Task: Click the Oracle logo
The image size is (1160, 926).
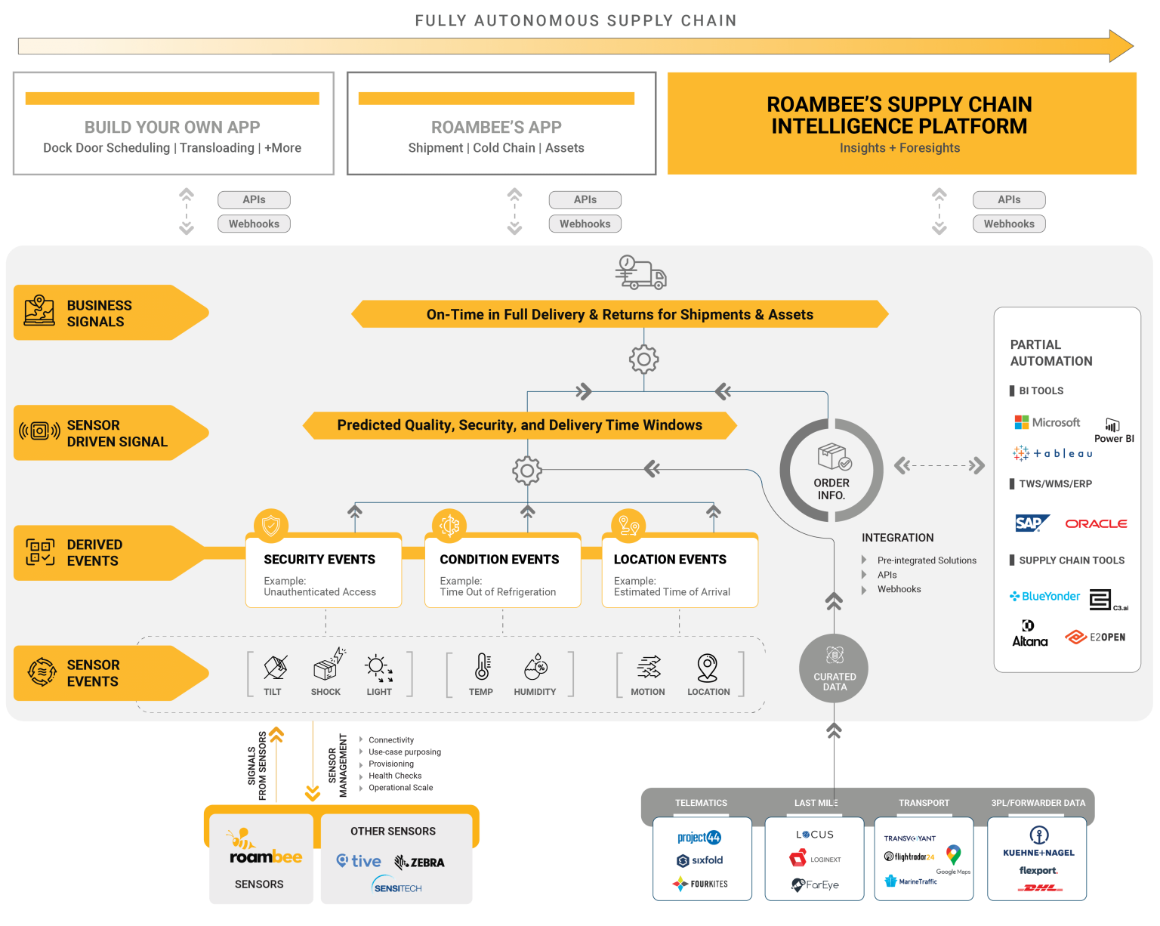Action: click(1095, 523)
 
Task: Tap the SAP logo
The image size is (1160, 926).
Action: click(1031, 523)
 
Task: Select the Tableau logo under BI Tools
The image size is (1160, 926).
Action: click(1052, 453)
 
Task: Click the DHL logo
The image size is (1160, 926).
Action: click(1039, 887)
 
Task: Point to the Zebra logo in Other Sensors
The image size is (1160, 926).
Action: click(419, 862)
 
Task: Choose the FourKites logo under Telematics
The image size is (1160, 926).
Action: click(699, 884)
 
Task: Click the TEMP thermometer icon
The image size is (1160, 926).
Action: click(482, 666)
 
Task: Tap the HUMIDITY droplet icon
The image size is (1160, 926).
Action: click(535, 666)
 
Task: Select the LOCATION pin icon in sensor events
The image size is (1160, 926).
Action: click(707, 668)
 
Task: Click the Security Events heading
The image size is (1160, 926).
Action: click(319, 559)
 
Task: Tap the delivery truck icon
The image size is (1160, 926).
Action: click(640, 273)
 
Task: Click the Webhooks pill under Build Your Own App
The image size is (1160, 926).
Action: click(254, 224)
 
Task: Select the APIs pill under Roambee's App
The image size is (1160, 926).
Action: click(585, 199)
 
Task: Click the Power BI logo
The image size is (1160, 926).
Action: click(1113, 431)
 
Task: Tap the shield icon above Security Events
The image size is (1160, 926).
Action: click(271, 525)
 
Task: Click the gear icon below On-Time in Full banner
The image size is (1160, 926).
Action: click(643, 360)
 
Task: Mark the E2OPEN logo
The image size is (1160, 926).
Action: click(1095, 637)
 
